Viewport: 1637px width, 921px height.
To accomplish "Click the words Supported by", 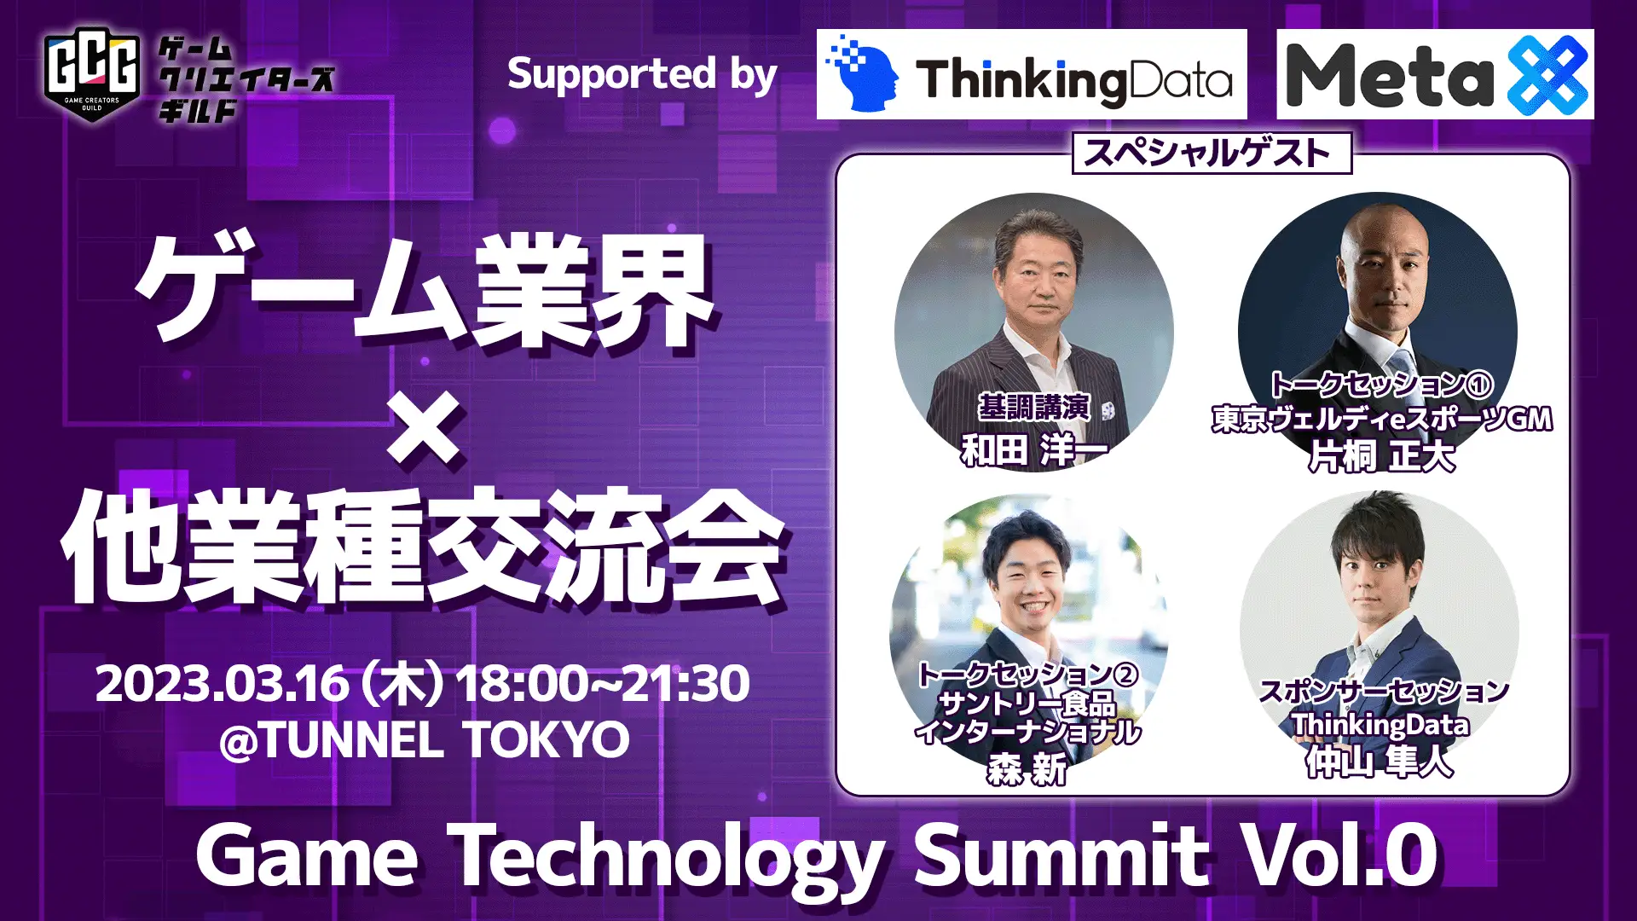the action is click(x=642, y=75).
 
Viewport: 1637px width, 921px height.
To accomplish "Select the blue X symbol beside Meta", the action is click(x=1547, y=75).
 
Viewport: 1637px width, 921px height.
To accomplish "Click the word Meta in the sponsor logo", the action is click(x=1390, y=75).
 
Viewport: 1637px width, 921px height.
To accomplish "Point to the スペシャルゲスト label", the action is click(x=1212, y=153).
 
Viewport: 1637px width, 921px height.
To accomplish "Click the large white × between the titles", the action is click(x=424, y=426).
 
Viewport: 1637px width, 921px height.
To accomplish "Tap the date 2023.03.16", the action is click(x=223, y=684).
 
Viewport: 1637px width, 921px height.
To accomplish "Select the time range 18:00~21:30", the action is click(x=603, y=684).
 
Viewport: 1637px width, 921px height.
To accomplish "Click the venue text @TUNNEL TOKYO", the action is click(x=425, y=739).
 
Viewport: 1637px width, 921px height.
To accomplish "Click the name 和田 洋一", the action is click(x=1034, y=449).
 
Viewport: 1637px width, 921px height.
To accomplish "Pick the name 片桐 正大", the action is click(x=1381, y=457).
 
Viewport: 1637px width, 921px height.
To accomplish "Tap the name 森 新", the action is click(x=1027, y=770).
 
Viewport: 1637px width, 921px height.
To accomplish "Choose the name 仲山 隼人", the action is click(x=1379, y=762).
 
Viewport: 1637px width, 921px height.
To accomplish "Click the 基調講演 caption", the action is click(x=1033, y=408).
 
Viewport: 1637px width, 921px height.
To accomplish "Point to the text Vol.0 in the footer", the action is click(x=1339, y=855).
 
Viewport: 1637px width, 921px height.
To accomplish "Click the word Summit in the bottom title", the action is click(x=1061, y=855).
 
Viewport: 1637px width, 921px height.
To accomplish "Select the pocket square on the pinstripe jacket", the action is click(x=1108, y=411).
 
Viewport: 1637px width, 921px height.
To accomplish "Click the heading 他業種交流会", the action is click(x=423, y=546).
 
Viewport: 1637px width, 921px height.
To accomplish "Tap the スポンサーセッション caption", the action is click(x=1384, y=692).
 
